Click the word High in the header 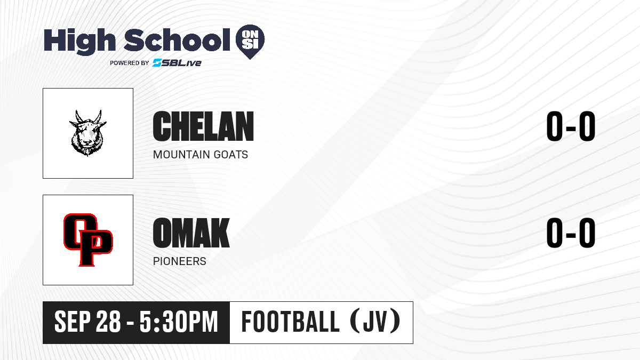click(x=79, y=42)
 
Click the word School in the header click(x=177, y=39)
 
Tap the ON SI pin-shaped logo click(x=250, y=42)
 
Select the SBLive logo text click(x=177, y=63)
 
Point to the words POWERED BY click(x=130, y=63)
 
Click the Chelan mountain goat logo click(x=87, y=133)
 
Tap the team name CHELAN click(x=203, y=126)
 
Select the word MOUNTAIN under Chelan click(x=181, y=155)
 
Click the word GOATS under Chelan click(x=231, y=155)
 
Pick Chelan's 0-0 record click(x=571, y=126)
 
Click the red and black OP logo click(x=88, y=239)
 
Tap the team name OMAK click(x=191, y=233)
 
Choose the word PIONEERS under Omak click(x=179, y=261)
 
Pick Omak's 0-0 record click(x=571, y=233)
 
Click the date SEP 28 click(x=87, y=322)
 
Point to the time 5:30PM click(x=179, y=322)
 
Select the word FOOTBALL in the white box click(x=291, y=322)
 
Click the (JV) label click(x=375, y=321)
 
